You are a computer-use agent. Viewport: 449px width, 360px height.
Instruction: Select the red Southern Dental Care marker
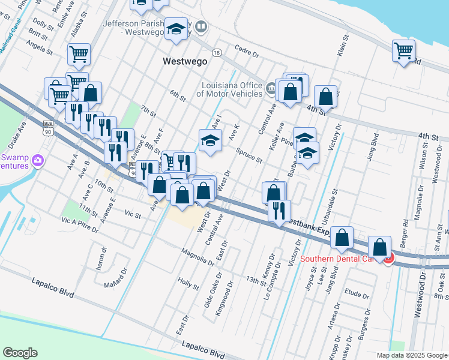pos(388,259)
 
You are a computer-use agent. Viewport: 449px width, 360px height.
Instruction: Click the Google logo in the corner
pos(20,352)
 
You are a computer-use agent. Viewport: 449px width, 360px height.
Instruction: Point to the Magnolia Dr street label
pos(197,257)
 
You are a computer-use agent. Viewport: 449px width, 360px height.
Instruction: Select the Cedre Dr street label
pos(247,52)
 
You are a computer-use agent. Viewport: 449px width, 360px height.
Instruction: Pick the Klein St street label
pos(345,47)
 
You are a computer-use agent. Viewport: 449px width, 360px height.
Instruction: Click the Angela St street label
pos(40,47)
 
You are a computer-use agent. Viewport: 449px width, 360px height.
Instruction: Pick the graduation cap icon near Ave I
pos(210,140)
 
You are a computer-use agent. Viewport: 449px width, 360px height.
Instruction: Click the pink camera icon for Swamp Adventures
pos(38,160)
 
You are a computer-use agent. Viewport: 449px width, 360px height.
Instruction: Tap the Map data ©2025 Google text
pos(411,355)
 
